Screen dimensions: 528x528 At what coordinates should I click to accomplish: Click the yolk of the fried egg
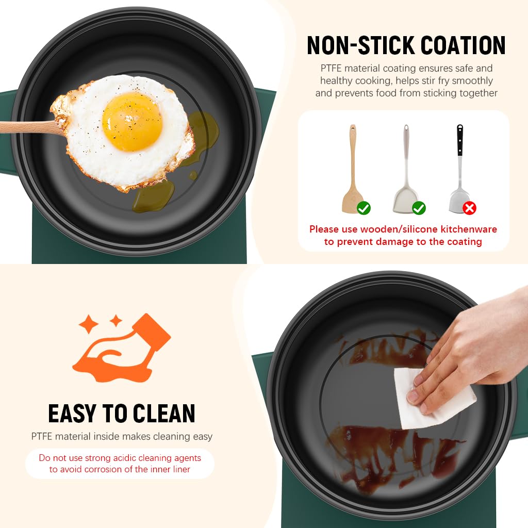132,122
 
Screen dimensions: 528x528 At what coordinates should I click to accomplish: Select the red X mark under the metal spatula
469,208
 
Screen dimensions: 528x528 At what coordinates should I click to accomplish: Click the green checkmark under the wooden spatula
364,208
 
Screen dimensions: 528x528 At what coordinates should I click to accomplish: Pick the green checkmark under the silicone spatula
419,208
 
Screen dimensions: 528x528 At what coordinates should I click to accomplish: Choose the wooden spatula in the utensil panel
353,170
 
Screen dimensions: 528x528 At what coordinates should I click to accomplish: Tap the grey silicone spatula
406,170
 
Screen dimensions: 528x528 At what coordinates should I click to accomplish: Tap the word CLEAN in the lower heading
164,414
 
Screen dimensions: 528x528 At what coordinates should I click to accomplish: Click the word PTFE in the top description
332,69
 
